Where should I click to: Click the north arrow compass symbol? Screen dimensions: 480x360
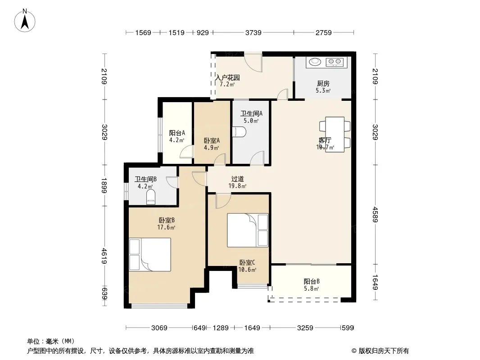click(25, 21)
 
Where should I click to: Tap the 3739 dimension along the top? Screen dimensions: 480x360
click(253, 32)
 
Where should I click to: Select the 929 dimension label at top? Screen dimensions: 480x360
click(202, 32)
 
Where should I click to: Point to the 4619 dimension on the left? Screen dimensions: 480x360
click(104, 256)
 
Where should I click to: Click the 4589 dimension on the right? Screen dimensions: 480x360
click(375, 215)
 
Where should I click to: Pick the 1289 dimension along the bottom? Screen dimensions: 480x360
click(220, 328)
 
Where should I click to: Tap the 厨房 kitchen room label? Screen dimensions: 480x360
click(323, 83)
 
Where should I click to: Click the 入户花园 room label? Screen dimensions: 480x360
click(227, 77)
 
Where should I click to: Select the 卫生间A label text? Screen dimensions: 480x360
click(251, 113)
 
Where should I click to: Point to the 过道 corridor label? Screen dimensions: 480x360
click(238, 179)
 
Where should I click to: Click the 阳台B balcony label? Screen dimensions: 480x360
click(312, 281)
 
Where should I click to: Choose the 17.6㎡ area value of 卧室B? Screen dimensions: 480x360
click(166, 227)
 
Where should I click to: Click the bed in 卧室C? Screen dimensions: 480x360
click(248, 230)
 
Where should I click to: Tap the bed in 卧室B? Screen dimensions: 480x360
click(149, 255)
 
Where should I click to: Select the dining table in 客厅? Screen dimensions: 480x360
click(335, 134)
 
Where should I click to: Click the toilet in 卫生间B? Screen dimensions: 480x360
click(151, 197)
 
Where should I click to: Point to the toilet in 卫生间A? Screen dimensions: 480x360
click(240, 132)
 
